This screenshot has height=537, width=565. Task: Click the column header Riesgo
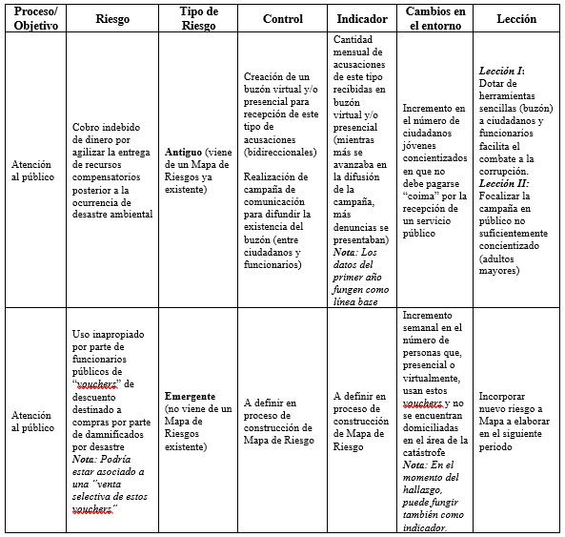[x=113, y=18]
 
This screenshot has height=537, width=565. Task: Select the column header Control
[x=282, y=18]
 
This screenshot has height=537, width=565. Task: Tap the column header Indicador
[x=362, y=18]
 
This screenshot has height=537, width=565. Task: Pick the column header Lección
[x=516, y=18]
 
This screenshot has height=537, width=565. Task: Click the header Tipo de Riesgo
[x=198, y=18]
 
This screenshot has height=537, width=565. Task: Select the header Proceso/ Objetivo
[x=33, y=18]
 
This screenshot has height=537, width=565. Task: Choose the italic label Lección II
[x=505, y=182]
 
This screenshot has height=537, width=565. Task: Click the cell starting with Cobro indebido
[x=113, y=171]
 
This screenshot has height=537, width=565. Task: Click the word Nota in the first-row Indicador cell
[x=349, y=253]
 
